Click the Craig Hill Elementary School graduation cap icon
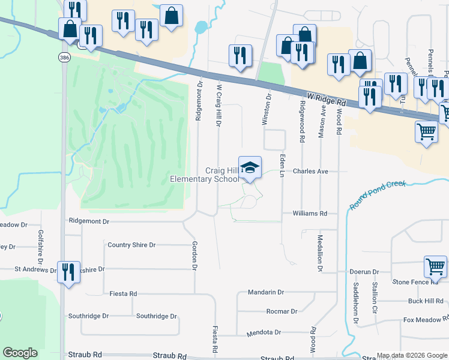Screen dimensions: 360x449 [250, 167]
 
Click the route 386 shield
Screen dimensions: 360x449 [64, 57]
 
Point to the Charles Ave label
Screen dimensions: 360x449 [310, 171]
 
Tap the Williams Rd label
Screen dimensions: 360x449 [310, 213]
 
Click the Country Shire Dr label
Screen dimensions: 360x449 [131, 245]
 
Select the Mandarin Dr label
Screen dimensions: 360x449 [265, 292]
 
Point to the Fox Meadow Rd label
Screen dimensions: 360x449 [425, 320]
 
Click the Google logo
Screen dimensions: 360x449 [20, 353]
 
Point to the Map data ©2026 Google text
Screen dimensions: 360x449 [411, 355]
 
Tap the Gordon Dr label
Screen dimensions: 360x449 [194, 255]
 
